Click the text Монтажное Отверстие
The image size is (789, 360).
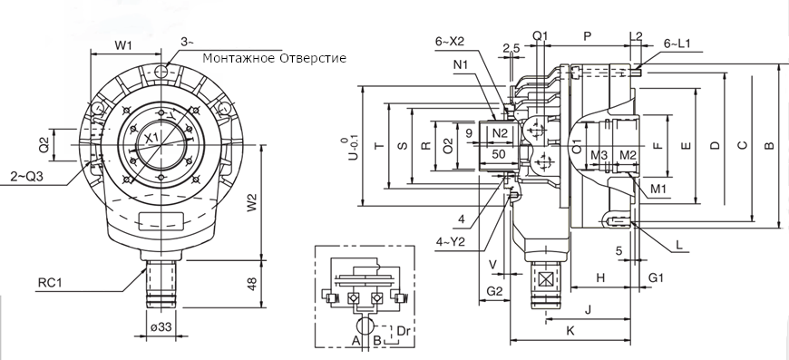pos(274,58)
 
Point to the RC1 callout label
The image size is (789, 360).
pos(49,283)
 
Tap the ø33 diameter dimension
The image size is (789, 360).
pos(161,326)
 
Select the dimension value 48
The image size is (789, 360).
pos(253,284)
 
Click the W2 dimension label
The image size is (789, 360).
pos(253,202)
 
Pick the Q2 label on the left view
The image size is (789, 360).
pos(44,145)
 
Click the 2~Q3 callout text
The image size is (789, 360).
pos(26,177)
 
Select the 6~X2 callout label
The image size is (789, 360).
pos(450,42)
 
